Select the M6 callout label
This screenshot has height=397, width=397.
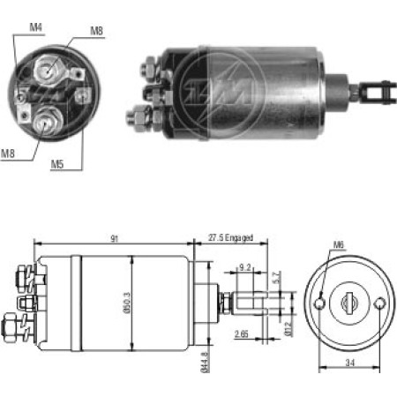click(340, 246)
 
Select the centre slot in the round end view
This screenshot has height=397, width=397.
click(350, 303)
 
